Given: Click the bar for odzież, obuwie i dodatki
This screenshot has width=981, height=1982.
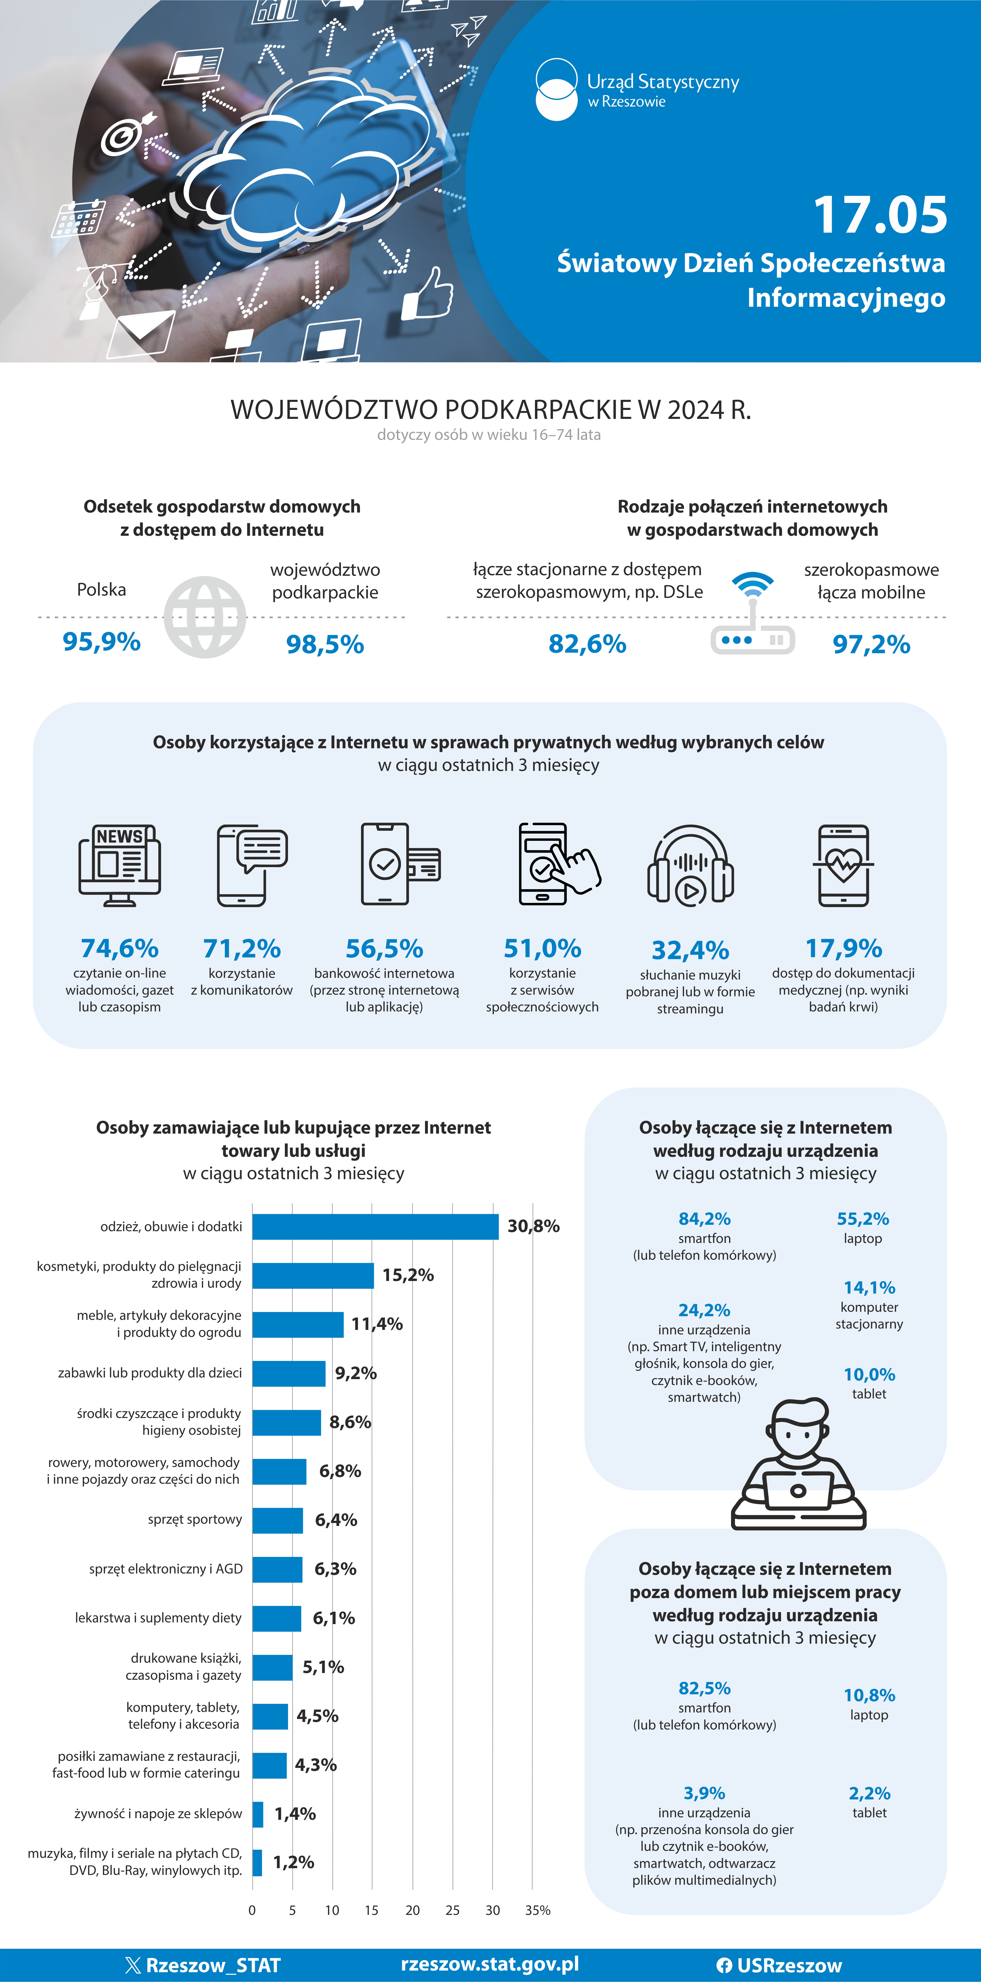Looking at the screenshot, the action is (x=376, y=1226).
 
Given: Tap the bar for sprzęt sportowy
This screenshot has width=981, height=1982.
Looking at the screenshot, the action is (x=278, y=1520).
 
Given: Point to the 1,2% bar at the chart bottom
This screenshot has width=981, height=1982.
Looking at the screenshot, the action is (x=257, y=1863).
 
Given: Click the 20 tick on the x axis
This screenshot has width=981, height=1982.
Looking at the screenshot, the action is (x=412, y=1910).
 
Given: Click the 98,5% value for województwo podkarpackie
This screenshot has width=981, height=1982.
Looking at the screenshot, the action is (x=325, y=644).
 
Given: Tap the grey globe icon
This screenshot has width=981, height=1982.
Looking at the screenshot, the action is (x=205, y=617).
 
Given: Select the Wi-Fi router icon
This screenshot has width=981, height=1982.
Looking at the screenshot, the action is (x=753, y=613).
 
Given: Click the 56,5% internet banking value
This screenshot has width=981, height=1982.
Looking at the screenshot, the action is (x=384, y=949).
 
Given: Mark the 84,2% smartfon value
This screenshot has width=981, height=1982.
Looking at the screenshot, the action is (x=704, y=1219).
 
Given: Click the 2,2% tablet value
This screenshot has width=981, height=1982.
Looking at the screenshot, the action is (x=869, y=1794).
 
